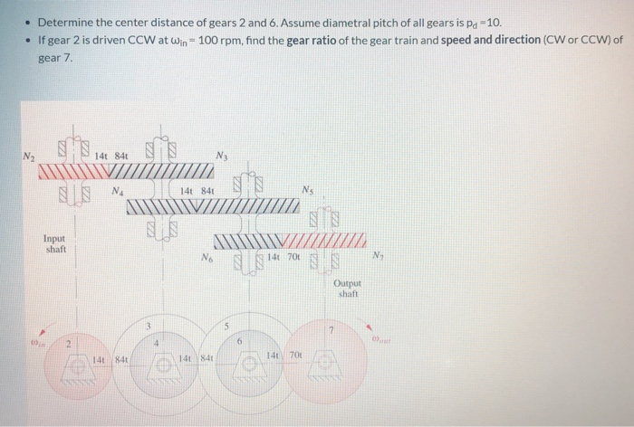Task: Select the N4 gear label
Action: tap(118, 191)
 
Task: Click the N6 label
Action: tap(207, 258)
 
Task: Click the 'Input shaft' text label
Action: tap(55, 243)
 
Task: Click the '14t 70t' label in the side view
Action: tap(288, 258)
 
